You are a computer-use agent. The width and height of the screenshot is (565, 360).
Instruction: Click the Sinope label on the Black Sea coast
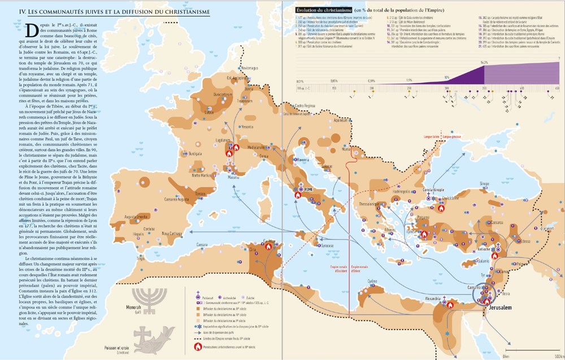click(484, 184)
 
